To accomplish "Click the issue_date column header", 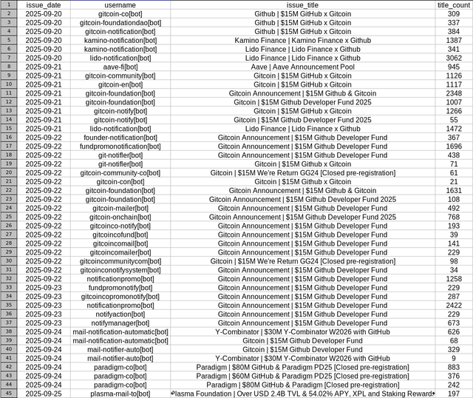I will click(44, 5).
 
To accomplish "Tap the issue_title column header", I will click(303, 5).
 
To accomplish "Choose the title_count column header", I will click(453, 5).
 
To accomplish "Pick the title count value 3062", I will click(453, 58).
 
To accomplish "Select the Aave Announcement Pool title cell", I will click(303, 67).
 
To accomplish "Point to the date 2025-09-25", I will click(44, 394).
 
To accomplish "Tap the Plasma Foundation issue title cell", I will click(303, 394).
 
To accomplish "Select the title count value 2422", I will click(453, 306).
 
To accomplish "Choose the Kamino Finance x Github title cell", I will click(303, 40).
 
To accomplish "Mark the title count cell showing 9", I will click(453, 358).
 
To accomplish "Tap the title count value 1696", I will click(453, 146).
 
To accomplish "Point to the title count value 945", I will click(453, 67).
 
